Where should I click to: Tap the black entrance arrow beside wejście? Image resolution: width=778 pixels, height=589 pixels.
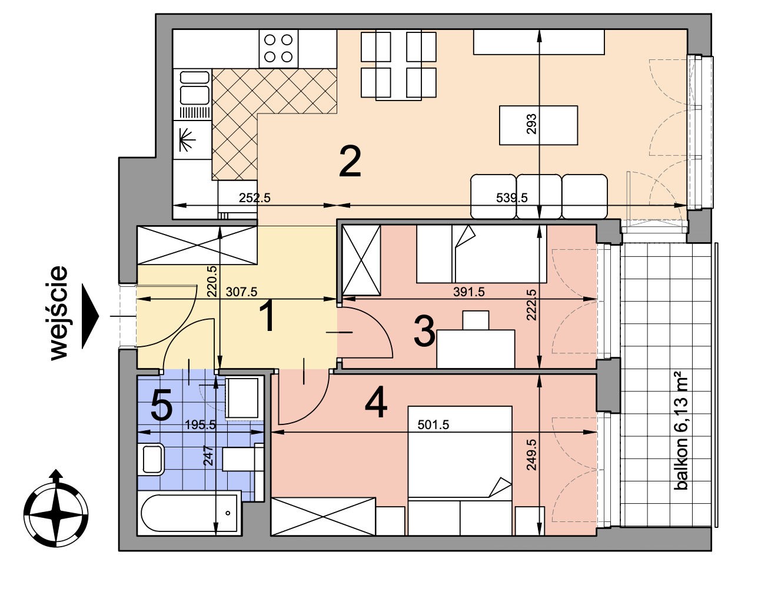90,316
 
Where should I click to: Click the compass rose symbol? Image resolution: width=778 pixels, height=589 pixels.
56,509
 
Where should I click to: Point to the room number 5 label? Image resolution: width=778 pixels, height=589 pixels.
162,404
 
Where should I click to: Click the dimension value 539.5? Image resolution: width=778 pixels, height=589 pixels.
511,198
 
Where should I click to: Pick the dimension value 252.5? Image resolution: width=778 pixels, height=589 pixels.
254,198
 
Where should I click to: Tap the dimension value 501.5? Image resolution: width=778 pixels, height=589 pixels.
433,424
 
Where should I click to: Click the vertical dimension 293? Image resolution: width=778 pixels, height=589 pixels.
531,123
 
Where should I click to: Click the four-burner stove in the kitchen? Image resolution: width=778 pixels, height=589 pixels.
278,48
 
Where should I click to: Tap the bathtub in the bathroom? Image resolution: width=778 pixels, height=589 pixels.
189,513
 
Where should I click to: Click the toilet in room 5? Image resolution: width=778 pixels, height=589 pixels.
153,460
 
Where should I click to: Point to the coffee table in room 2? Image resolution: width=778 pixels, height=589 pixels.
538,125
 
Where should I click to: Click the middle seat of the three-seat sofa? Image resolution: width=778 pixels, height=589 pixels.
538,196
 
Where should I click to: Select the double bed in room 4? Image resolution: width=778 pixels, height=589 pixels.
460,470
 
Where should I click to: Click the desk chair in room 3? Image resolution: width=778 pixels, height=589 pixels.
476,320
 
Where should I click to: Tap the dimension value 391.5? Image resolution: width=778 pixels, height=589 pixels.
468,292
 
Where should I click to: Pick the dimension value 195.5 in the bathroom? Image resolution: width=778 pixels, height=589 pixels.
201,425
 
